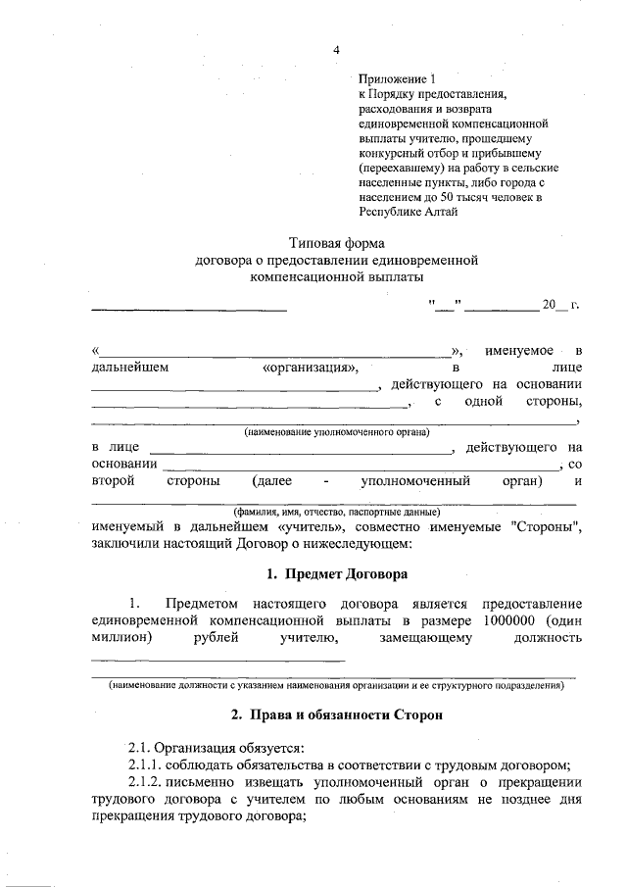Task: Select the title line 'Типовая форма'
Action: coord(336,242)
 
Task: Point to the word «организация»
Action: coord(312,368)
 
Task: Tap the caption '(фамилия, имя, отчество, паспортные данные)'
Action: coord(336,512)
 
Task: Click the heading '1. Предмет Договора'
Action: coord(336,572)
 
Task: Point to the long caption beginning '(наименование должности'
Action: coord(336,685)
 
